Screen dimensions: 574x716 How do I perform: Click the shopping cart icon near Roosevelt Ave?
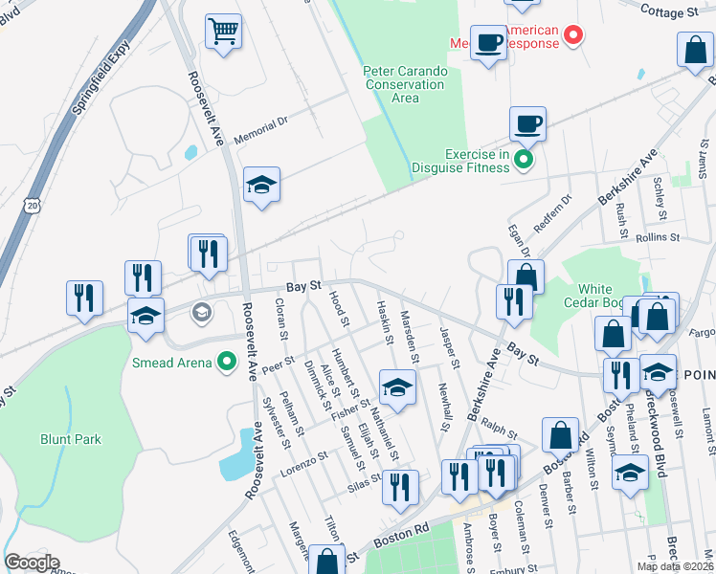(x=224, y=32)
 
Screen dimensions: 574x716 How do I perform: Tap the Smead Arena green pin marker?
(x=227, y=362)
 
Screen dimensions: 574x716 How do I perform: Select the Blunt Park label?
(x=70, y=439)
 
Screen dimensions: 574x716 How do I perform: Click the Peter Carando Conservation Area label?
(x=404, y=84)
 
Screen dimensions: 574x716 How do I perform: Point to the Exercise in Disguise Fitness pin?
(x=524, y=159)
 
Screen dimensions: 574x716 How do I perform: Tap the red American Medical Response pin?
(x=573, y=36)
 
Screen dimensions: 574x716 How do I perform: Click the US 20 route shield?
(x=34, y=206)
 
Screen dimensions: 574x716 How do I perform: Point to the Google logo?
(x=32, y=563)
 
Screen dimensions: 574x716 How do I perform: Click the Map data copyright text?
(x=676, y=566)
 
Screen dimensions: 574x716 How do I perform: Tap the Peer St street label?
(x=277, y=364)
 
